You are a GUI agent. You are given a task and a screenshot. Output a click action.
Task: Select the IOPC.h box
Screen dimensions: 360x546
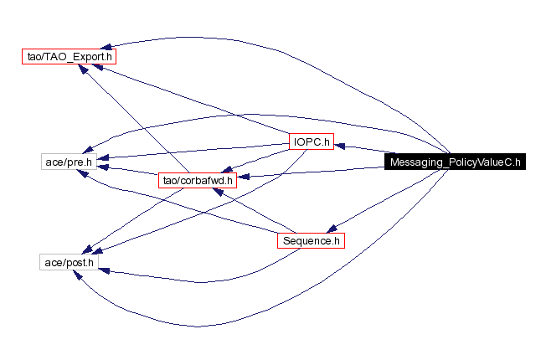312,141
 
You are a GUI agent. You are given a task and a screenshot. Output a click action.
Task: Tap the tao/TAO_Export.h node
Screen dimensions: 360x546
68,57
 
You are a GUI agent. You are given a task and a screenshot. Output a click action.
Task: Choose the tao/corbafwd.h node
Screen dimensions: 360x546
196,179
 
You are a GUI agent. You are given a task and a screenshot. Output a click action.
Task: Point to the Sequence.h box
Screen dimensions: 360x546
312,241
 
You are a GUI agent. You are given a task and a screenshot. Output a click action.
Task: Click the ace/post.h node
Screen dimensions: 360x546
70,263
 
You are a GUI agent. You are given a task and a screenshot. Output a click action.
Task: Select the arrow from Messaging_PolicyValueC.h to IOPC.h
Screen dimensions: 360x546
360,150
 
